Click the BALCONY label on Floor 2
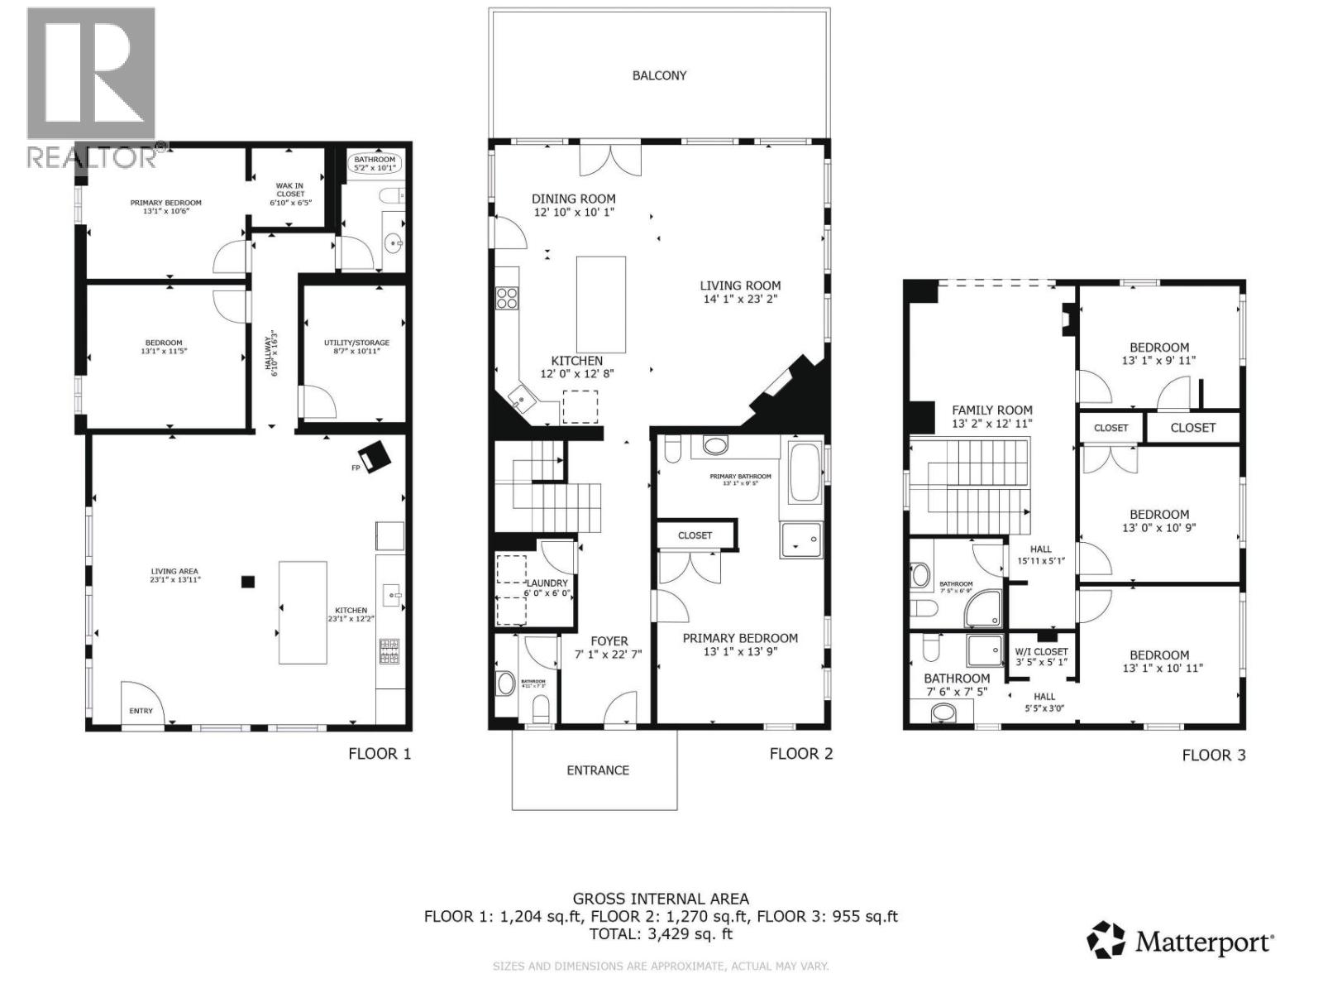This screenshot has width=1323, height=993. click(x=659, y=75)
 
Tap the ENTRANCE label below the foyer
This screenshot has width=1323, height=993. click(x=597, y=770)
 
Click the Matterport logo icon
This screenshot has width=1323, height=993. click(x=1106, y=942)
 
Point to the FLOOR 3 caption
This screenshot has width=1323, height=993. click(x=1213, y=755)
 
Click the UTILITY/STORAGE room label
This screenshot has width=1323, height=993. click(x=356, y=343)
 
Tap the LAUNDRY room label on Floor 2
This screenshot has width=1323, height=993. click(x=547, y=583)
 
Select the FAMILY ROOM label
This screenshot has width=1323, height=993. click(x=991, y=410)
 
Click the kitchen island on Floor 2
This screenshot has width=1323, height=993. click(x=601, y=305)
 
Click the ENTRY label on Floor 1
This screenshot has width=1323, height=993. click(x=141, y=711)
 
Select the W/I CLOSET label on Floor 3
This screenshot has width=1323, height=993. click(x=1041, y=652)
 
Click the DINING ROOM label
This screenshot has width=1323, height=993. click(x=573, y=199)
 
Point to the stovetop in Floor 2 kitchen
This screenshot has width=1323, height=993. click(x=507, y=298)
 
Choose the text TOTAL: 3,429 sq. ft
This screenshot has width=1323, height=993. click(x=661, y=934)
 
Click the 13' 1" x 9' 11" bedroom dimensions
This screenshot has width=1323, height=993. click(x=1158, y=361)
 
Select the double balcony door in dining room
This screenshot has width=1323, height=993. click(x=610, y=160)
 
